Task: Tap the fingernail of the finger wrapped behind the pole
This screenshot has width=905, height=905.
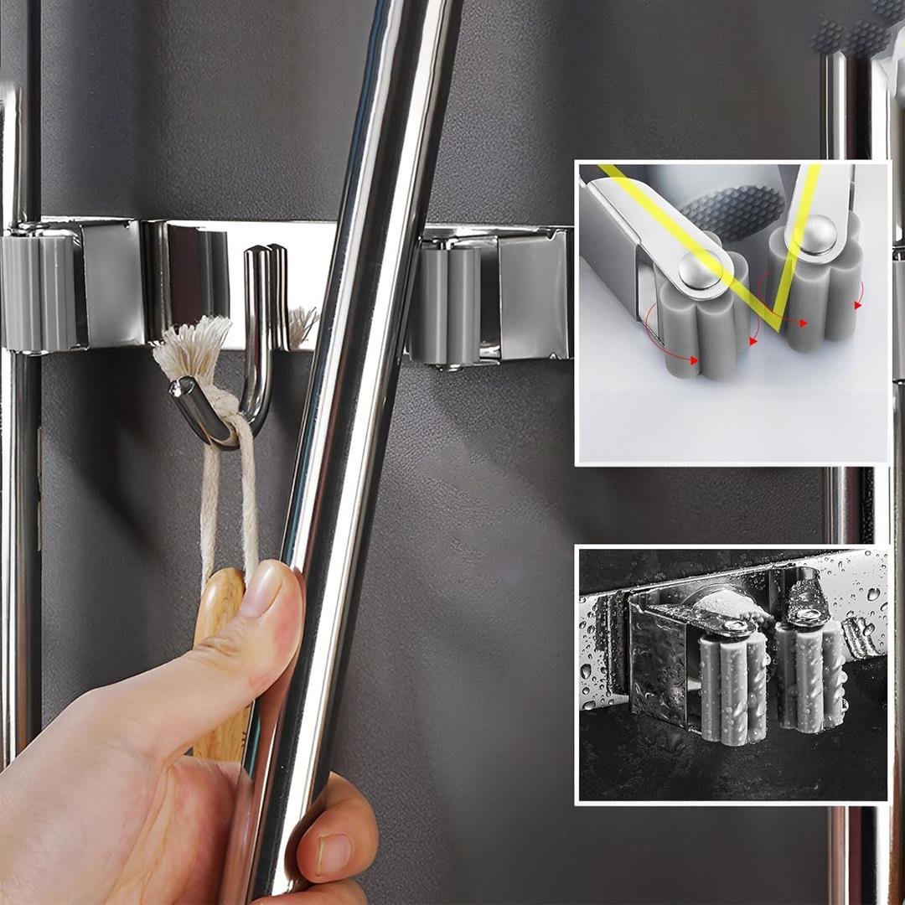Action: [334, 853]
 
